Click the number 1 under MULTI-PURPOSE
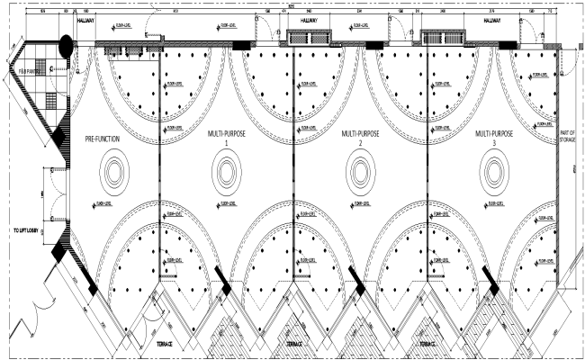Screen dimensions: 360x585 tap(226, 144)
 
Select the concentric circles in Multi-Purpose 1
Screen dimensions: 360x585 tap(226, 169)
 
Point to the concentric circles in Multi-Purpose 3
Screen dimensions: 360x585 tap(491, 169)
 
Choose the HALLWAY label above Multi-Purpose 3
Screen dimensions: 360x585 tap(490, 18)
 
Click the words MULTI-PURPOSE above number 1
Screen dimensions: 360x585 tap(226, 133)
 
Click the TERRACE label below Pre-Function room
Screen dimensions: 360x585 tap(165, 344)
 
